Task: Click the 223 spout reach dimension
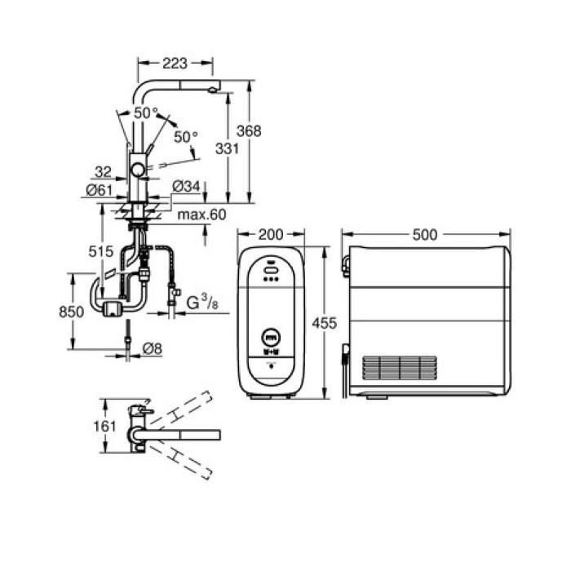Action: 175,63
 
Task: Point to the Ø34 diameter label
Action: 185,188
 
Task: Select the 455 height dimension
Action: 325,323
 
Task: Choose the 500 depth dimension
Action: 425,235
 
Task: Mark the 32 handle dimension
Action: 102,172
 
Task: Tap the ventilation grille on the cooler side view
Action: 400,368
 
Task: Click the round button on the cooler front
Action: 271,335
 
